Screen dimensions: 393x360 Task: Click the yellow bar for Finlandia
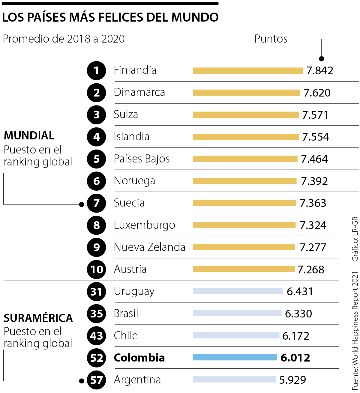(x=248, y=71)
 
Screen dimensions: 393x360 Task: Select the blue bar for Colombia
(x=235, y=357)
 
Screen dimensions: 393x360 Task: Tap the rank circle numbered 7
(x=96, y=203)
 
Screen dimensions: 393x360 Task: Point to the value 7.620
(x=317, y=93)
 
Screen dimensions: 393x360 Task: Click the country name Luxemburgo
(x=144, y=225)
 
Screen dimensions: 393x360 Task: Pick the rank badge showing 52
(x=96, y=358)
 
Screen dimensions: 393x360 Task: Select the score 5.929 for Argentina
(x=292, y=380)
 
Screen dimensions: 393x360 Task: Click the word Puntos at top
(x=271, y=39)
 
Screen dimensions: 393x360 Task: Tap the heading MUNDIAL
(x=29, y=135)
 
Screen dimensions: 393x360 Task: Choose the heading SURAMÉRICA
(x=38, y=318)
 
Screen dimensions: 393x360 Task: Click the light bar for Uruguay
(x=238, y=291)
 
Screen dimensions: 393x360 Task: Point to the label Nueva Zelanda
(x=149, y=247)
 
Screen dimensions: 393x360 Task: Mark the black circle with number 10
(x=96, y=269)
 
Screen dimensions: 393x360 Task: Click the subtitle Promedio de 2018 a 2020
(x=64, y=39)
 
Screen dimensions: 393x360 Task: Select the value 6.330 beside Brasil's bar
(x=298, y=314)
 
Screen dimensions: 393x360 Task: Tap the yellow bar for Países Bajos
(x=245, y=159)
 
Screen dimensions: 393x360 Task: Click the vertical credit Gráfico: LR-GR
(x=355, y=239)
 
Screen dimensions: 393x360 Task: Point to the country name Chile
(x=126, y=335)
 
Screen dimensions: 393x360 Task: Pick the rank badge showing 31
(x=96, y=292)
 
